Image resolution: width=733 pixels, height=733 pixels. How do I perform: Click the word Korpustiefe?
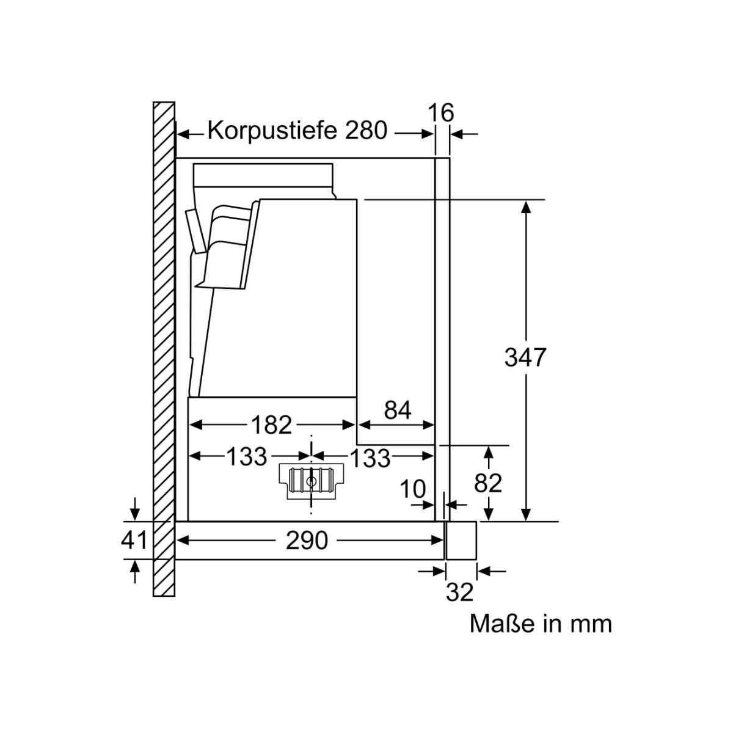(x=272, y=131)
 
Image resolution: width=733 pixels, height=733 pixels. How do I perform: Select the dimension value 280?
(x=366, y=131)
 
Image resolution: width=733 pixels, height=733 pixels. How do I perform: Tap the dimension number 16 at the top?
(x=441, y=112)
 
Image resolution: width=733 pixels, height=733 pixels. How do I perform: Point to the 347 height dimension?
(x=525, y=357)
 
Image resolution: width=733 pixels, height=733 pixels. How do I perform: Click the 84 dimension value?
(x=398, y=410)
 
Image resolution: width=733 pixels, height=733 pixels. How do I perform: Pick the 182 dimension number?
(x=271, y=425)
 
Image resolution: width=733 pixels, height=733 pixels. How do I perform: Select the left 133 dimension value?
(x=247, y=456)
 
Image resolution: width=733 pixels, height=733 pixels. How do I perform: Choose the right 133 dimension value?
(x=370, y=458)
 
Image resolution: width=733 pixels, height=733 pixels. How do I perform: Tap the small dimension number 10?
(x=413, y=489)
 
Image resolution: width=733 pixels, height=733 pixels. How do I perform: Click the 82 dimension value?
(x=488, y=483)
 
